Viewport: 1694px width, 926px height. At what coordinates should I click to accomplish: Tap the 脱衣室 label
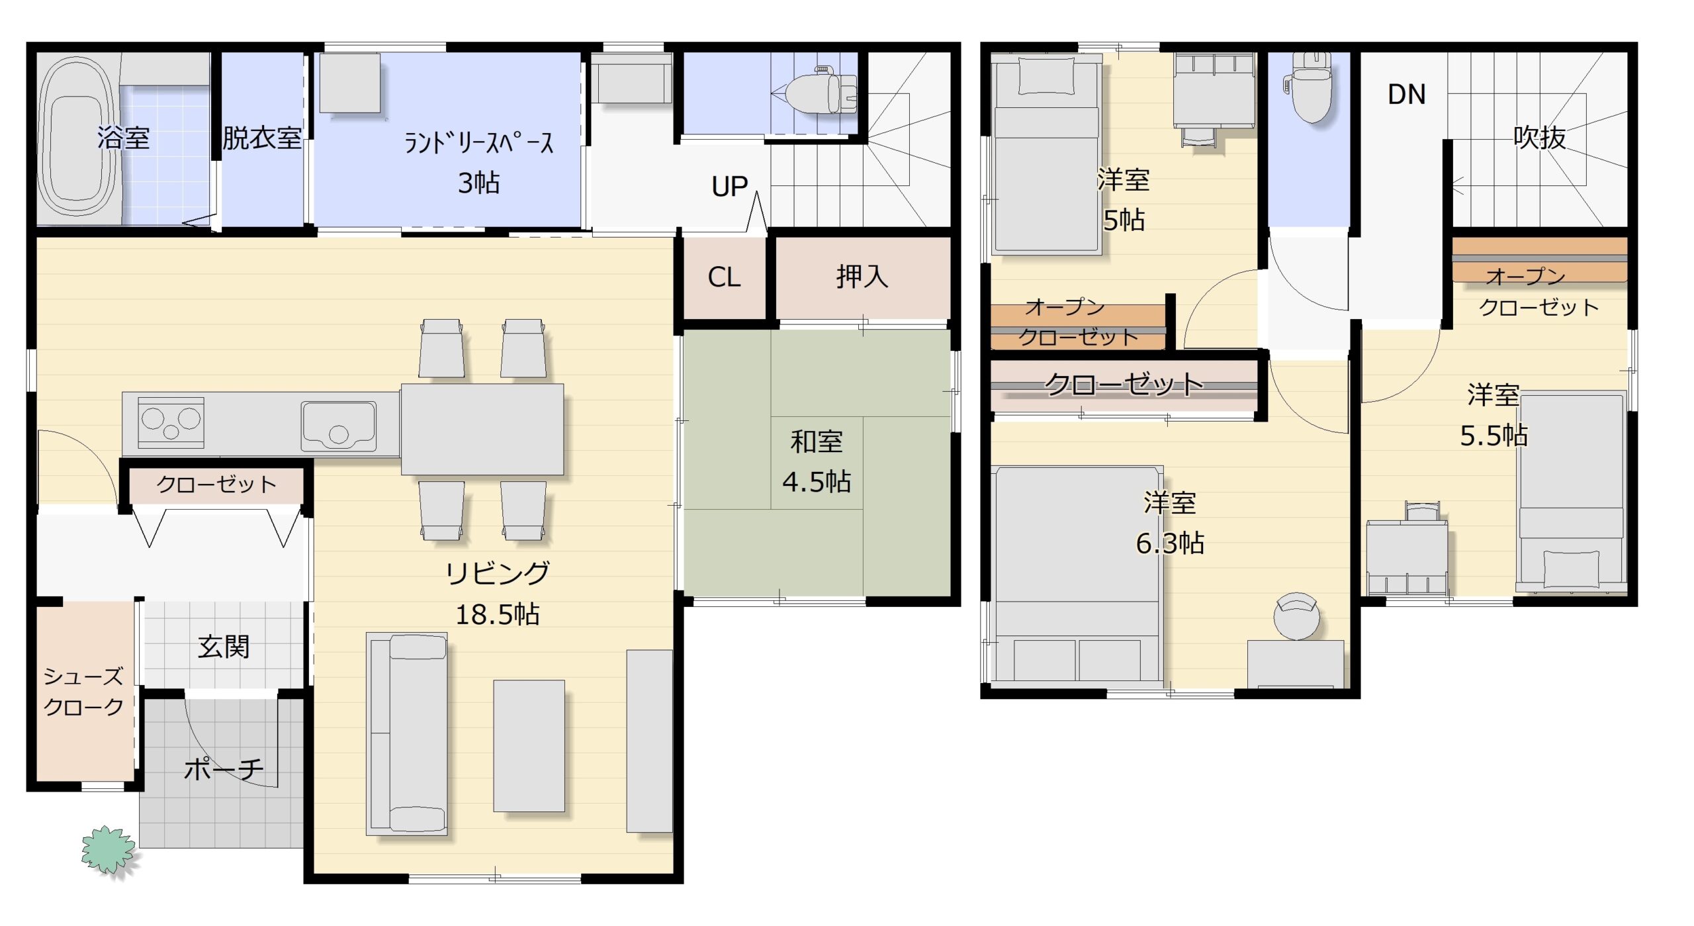262,138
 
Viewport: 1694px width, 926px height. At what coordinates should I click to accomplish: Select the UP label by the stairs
729,187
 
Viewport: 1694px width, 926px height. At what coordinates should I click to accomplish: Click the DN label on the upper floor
1406,95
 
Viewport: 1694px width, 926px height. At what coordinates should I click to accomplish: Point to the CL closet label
724,277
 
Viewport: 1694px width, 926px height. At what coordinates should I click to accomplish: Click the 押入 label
862,276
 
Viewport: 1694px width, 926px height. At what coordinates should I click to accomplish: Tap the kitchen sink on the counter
339,426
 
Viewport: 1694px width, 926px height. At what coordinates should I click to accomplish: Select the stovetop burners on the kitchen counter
171,422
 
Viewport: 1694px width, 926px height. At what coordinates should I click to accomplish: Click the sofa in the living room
407,733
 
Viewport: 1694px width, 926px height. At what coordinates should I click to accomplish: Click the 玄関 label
224,647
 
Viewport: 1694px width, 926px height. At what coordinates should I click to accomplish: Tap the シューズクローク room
85,692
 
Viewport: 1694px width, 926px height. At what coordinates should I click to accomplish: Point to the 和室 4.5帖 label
817,462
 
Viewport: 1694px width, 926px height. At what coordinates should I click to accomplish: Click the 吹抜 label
1540,138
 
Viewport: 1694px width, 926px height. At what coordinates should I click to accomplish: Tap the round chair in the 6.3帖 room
1296,616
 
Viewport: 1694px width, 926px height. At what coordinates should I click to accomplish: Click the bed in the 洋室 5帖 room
1046,154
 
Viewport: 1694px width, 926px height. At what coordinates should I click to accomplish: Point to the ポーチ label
224,768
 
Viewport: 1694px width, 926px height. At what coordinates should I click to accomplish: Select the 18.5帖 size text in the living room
498,615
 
